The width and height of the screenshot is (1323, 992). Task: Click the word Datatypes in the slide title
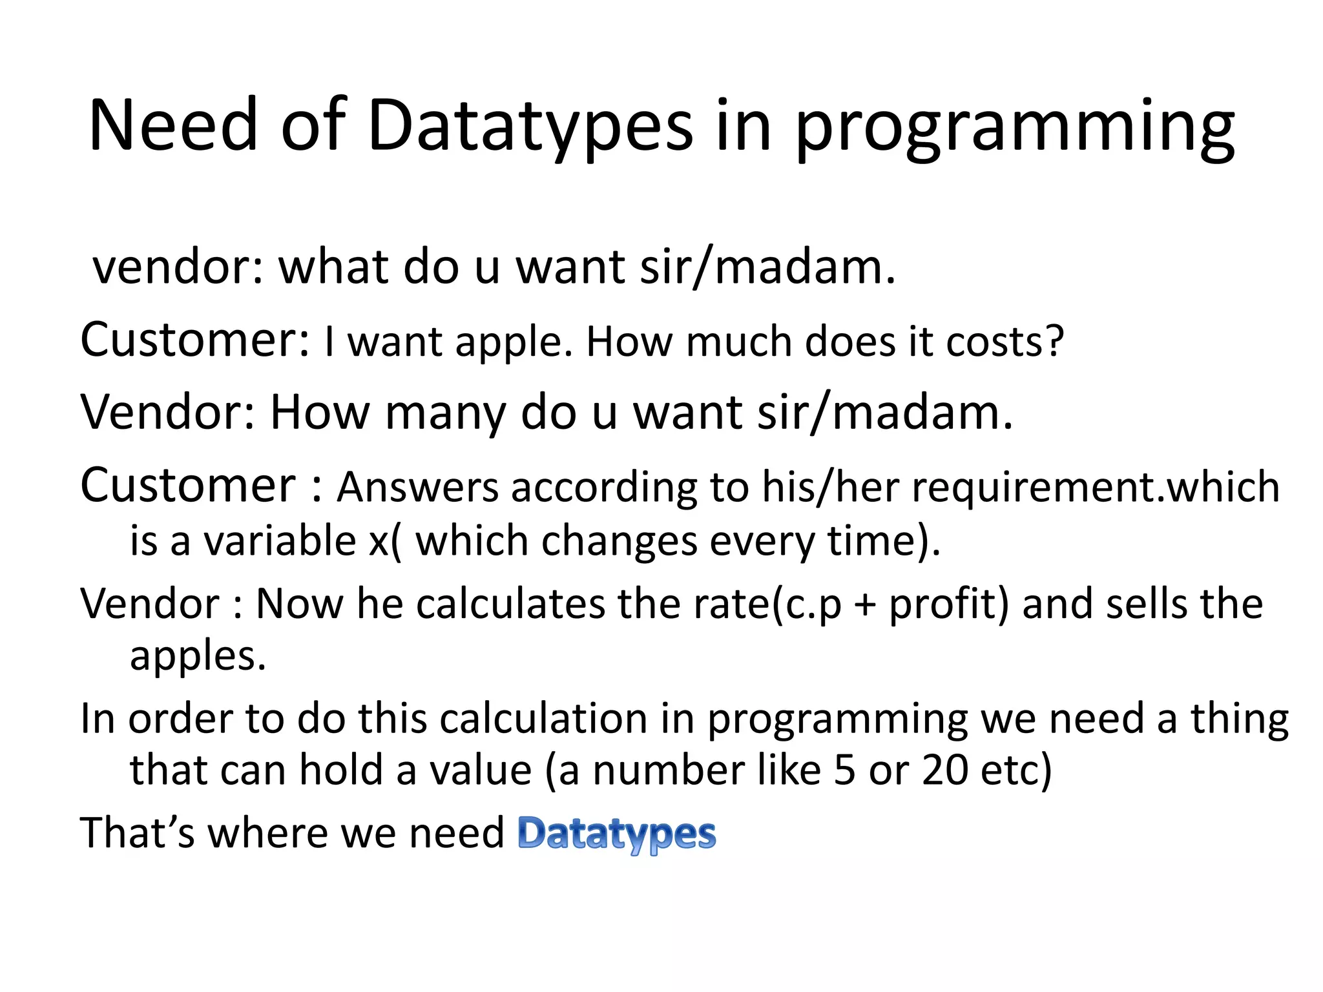[530, 126]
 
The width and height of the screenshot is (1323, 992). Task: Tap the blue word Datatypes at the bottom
[617, 834]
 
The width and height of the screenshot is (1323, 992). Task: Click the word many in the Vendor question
[446, 413]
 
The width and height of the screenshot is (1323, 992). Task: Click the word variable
[280, 541]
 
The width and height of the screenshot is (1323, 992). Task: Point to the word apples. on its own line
[198, 657]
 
